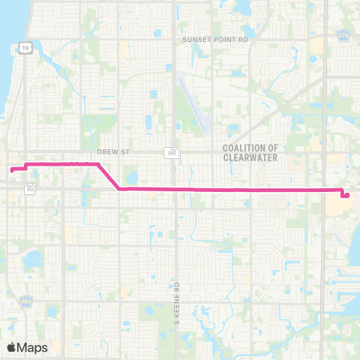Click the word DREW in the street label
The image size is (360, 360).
click(106, 151)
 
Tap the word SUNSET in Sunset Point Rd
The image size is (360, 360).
click(196, 39)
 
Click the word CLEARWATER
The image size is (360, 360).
click(250, 158)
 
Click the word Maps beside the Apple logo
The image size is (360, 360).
click(32, 347)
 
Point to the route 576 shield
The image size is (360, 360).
click(344, 35)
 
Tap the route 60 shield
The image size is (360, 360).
click(30, 187)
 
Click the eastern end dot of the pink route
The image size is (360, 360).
click(346, 196)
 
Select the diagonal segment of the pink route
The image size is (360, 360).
click(109, 176)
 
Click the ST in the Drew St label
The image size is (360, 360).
click(125, 151)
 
